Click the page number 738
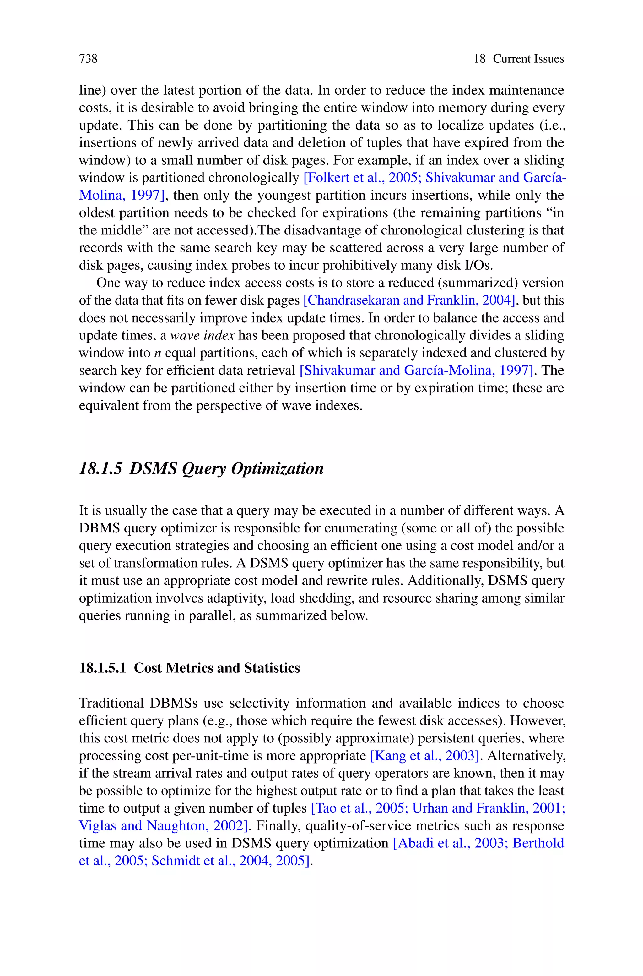click(x=88, y=59)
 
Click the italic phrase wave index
click(x=202, y=335)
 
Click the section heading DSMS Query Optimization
click(x=226, y=468)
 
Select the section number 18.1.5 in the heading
click(x=100, y=468)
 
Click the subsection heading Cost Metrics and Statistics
click(x=217, y=668)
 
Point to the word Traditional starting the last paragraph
click(x=111, y=703)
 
